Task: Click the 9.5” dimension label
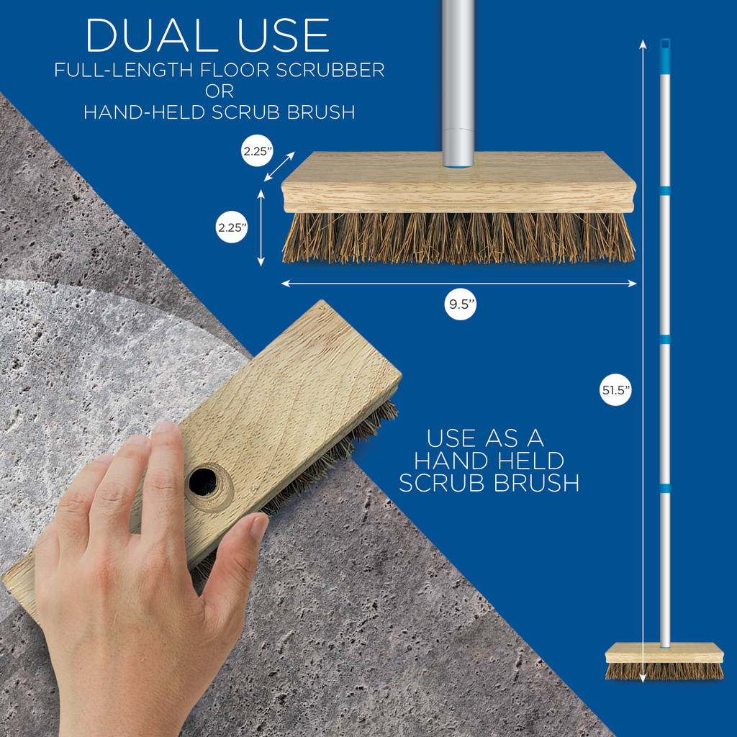[x=460, y=304]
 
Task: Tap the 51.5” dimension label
[x=615, y=389]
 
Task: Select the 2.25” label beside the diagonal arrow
[x=257, y=151]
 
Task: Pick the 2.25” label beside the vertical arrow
[x=232, y=227]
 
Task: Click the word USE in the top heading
[x=284, y=36]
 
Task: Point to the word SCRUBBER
[x=330, y=70]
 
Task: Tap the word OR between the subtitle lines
[x=220, y=91]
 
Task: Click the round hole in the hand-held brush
[x=203, y=481]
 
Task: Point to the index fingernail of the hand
[x=165, y=427]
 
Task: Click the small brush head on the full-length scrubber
[x=664, y=661]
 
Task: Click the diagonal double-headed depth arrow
[x=279, y=167]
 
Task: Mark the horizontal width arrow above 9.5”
[x=458, y=284]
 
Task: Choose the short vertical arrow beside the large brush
[x=261, y=228]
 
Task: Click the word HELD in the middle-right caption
[x=530, y=461]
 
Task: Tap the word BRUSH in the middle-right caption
[x=536, y=483]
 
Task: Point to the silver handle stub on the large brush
[x=458, y=83]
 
